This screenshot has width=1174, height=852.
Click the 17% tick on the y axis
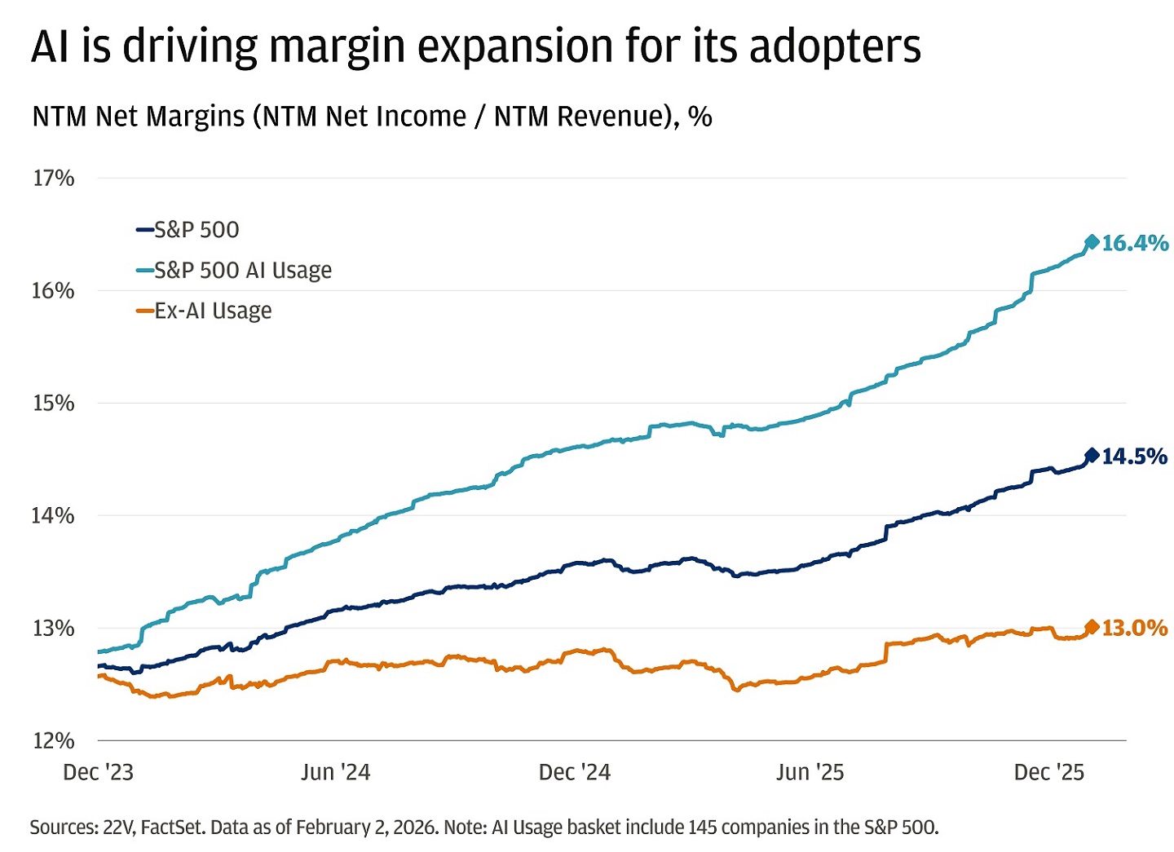coord(53,178)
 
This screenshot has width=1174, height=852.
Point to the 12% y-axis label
coord(53,740)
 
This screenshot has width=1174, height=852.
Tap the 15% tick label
coord(53,403)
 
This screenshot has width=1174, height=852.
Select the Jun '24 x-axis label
coord(335,772)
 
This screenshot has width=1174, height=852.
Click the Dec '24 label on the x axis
coord(574,772)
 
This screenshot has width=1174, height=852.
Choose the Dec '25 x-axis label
coord(1048,772)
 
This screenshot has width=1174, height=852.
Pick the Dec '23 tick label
coord(98,772)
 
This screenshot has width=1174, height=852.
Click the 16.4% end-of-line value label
coord(1134,243)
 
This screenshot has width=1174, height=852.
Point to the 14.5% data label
coord(1134,457)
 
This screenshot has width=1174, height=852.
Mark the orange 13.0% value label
coord(1134,628)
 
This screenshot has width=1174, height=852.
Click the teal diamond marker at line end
coord(1092,242)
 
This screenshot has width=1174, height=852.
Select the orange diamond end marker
coord(1092,626)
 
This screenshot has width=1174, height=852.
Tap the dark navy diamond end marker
coord(1092,455)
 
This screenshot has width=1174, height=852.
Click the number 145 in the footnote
coord(703,828)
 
